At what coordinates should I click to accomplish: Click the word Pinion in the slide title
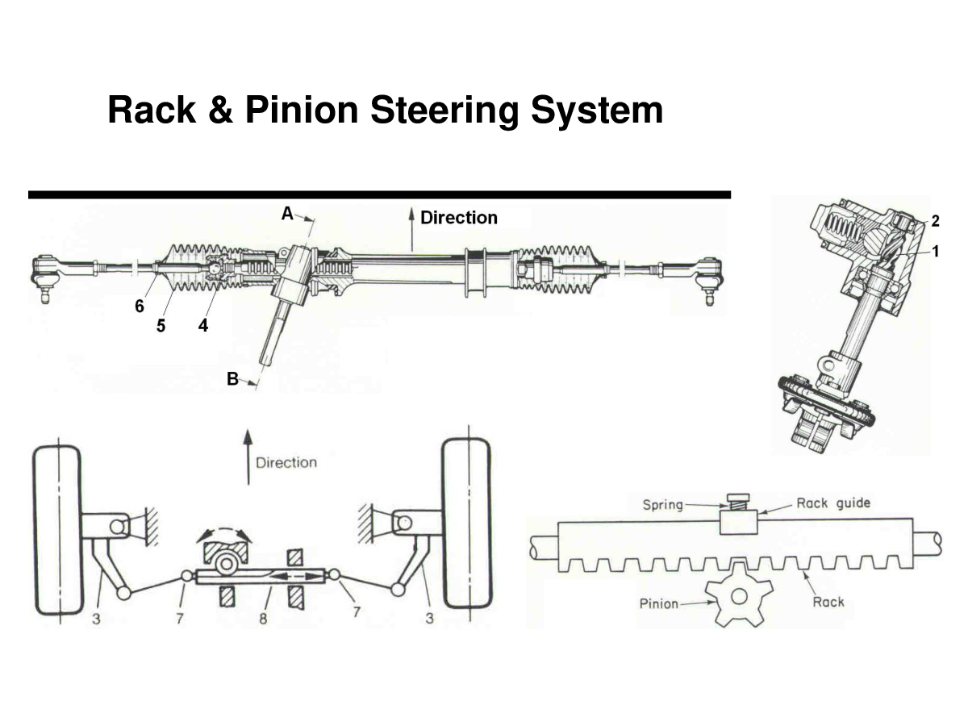click(301, 110)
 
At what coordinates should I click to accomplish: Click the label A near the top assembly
click(287, 213)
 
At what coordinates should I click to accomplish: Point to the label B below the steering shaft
click(232, 378)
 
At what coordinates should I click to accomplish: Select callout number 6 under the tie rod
click(140, 306)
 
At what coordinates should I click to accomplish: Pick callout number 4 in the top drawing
click(202, 327)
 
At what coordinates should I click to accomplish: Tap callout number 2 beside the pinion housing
click(934, 220)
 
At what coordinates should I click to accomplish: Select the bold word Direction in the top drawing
click(459, 218)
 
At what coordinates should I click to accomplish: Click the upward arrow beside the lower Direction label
click(248, 457)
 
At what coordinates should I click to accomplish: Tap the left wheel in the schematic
click(56, 528)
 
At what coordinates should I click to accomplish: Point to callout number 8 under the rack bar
click(263, 620)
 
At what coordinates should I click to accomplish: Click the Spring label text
click(662, 506)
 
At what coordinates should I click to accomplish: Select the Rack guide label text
click(833, 503)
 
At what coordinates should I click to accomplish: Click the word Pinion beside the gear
click(658, 603)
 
